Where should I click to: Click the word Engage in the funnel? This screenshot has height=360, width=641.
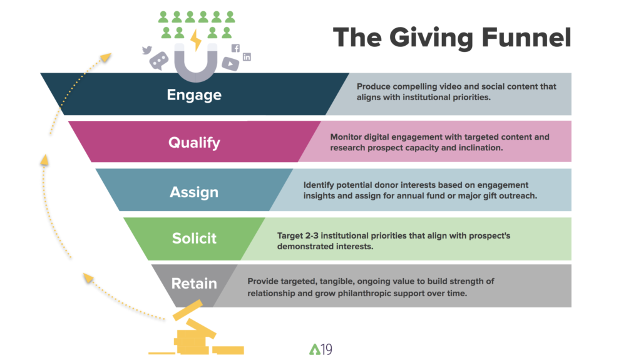point(194,95)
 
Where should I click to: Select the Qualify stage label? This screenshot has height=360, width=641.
point(194,143)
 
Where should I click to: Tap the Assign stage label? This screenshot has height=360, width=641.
point(194,192)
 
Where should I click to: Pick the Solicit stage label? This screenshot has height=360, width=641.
point(194,239)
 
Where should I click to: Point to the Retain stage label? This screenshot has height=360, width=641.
point(194,284)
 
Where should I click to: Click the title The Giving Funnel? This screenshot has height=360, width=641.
point(451,38)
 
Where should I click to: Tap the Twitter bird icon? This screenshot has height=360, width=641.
point(148,50)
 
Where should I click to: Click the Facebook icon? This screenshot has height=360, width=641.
point(235,48)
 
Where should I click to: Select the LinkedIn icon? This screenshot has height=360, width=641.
point(247,57)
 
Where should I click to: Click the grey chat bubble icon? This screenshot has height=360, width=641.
point(159,61)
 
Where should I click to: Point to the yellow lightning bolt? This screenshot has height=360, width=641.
point(196,41)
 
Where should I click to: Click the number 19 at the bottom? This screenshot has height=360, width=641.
point(326,349)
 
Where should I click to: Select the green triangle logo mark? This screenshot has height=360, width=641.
point(314,349)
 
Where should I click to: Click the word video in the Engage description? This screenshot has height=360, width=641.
point(436,87)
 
